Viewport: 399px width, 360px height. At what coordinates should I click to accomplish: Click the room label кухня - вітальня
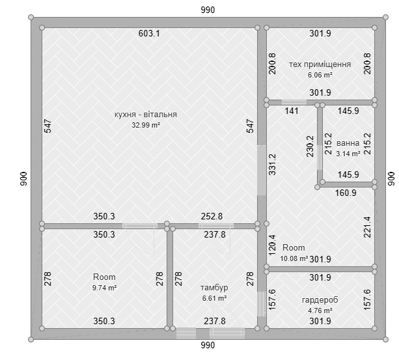point(146,115)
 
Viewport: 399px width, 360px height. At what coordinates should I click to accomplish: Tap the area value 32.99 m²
point(146,125)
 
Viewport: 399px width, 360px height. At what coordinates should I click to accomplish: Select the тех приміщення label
point(320,64)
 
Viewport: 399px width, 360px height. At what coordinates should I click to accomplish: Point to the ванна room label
point(348,143)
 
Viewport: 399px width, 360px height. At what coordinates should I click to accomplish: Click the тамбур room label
point(214,288)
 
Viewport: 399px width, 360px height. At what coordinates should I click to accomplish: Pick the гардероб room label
point(320,300)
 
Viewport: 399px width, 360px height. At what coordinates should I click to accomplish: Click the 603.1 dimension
point(149,33)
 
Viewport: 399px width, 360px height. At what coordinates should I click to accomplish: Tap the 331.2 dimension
point(272,164)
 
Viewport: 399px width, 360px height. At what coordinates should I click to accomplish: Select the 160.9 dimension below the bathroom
point(346,193)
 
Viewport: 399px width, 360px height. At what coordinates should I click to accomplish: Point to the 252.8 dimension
point(212,217)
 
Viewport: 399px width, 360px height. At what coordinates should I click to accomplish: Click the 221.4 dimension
point(367,227)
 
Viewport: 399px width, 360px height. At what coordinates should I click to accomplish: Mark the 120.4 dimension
point(272,245)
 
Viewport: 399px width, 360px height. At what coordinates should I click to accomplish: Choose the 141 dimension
point(292,111)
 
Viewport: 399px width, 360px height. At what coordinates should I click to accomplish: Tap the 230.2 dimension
point(310,146)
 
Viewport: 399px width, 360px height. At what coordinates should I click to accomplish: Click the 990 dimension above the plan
point(208,10)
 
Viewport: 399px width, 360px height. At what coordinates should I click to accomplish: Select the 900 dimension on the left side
point(23,179)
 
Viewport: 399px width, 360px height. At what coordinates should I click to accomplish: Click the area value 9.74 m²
point(104,288)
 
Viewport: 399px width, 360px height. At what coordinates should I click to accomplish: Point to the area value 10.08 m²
point(294,258)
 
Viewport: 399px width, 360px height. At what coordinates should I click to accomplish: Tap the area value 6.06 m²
point(320,75)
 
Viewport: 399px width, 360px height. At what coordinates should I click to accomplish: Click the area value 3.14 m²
point(348,154)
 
